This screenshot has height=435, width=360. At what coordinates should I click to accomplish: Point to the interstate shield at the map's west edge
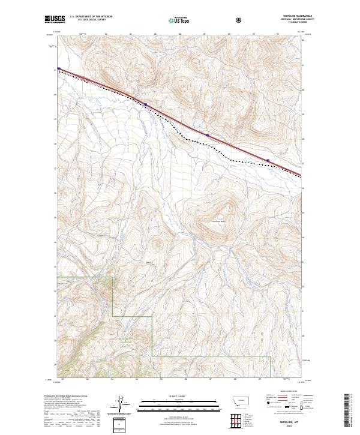[x=59, y=68]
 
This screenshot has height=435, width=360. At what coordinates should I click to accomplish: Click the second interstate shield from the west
[x=145, y=104]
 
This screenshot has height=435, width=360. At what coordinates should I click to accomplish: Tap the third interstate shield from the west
[x=208, y=136]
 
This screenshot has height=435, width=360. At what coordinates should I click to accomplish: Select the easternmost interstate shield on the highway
[x=268, y=160]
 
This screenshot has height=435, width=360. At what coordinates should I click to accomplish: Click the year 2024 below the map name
[x=290, y=427]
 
